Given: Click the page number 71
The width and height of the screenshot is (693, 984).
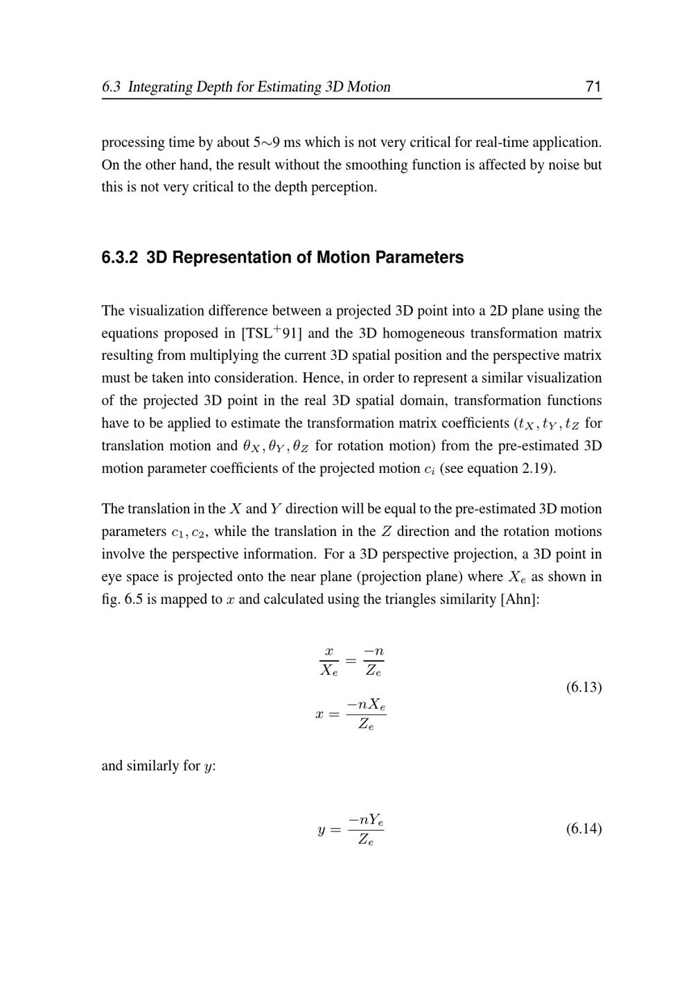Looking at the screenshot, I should [593, 87].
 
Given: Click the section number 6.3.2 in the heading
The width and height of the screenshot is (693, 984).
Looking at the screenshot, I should [120, 257].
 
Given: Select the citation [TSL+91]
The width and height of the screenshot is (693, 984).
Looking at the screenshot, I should [271, 333].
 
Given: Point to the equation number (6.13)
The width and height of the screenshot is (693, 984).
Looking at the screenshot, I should [584, 687].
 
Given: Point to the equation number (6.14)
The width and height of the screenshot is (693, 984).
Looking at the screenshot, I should [584, 829].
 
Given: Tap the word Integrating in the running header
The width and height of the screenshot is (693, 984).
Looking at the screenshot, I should [160, 87].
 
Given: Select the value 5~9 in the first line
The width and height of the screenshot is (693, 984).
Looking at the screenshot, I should [267, 142].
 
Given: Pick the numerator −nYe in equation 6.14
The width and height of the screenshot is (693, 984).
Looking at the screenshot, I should [366, 820].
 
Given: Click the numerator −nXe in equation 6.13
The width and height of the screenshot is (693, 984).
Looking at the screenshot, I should [367, 705].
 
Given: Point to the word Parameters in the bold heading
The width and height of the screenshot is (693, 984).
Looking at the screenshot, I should [425, 257].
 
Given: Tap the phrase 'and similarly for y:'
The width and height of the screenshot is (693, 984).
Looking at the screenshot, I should [159, 766].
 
